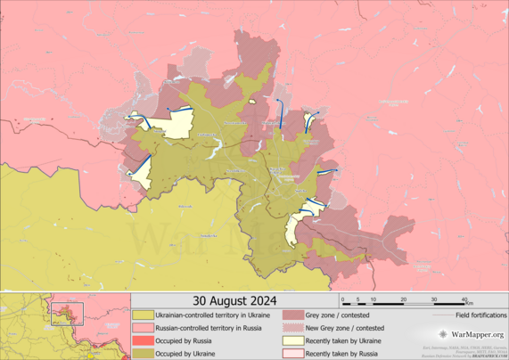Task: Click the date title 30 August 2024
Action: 234,299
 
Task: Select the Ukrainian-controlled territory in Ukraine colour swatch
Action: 143,315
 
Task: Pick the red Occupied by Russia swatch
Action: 143,341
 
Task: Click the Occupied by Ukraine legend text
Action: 185,355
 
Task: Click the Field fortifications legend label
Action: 480,315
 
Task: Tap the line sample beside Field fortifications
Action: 441,315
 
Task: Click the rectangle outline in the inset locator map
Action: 67,313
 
